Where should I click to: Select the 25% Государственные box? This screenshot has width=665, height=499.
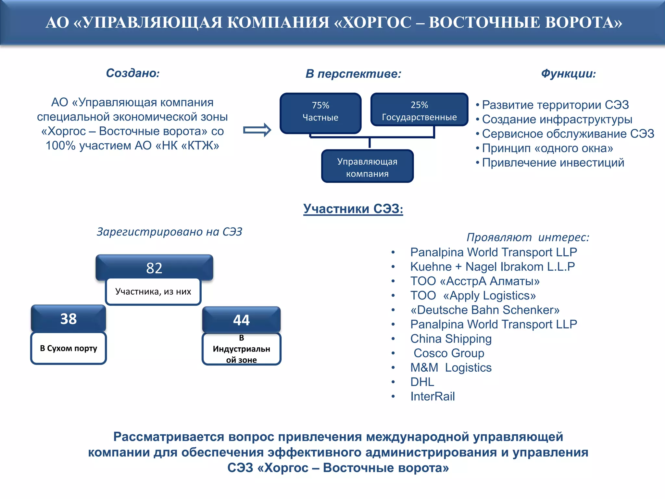(x=419, y=110)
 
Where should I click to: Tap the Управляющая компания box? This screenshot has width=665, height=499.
(x=367, y=167)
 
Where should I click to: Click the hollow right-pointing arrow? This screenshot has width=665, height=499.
(x=257, y=130)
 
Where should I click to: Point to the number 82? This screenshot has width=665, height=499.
(x=154, y=268)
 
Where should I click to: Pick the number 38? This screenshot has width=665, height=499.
(x=69, y=319)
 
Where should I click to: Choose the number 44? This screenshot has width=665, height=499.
(x=241, y=320)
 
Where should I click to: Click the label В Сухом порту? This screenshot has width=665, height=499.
(x=69, y=348)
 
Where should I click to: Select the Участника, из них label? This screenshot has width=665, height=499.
(x=153, y=291)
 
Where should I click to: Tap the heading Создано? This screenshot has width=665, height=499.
(x=133, y=73)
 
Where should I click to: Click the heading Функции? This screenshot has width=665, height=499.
(x=568, y=74)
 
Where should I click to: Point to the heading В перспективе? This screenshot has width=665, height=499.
(x=353, y=74)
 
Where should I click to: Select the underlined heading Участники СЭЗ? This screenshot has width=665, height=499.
(x=353, y=209)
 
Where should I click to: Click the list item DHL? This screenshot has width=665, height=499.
(x=422, y=382)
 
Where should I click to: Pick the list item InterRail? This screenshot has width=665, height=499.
(x=433, y=396)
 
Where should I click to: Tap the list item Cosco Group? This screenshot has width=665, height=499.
(x=449, y=353)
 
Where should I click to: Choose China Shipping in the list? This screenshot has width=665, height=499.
(x=451, y=339)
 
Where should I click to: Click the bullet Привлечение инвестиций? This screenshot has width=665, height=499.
(x=553, y=162)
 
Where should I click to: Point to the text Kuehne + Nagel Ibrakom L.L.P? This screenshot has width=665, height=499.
(x=493, y=267)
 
